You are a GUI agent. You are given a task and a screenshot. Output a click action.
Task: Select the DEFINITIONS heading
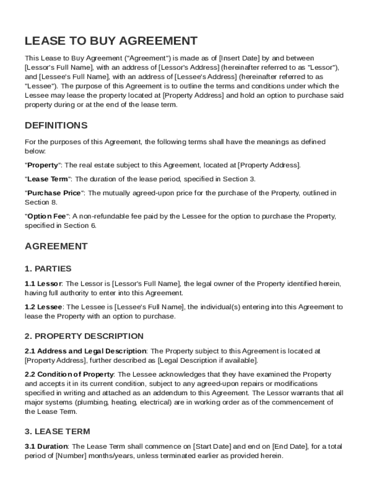[x=56, y=125]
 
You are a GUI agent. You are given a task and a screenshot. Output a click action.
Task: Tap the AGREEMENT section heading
[x=56, y=246]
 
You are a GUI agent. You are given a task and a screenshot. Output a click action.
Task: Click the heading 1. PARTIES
[x=48, y=268]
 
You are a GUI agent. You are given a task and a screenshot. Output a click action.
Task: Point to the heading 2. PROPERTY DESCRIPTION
[x=84, y=336]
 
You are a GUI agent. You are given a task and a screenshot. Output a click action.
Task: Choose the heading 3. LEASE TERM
[x=57, y=431]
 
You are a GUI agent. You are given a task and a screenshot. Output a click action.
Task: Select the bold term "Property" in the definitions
[x=43, y=165]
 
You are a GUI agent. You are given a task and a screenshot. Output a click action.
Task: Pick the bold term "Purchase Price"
[x=55, y=193]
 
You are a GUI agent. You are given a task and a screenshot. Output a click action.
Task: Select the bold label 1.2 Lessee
[x=44, y=307]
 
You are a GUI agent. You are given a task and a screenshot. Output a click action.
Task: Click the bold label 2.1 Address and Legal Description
[x=85, y=351]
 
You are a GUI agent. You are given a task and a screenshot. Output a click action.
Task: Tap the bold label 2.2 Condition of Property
[x=69, y=374]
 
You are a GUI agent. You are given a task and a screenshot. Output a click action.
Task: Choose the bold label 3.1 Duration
[x=46, y=446]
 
